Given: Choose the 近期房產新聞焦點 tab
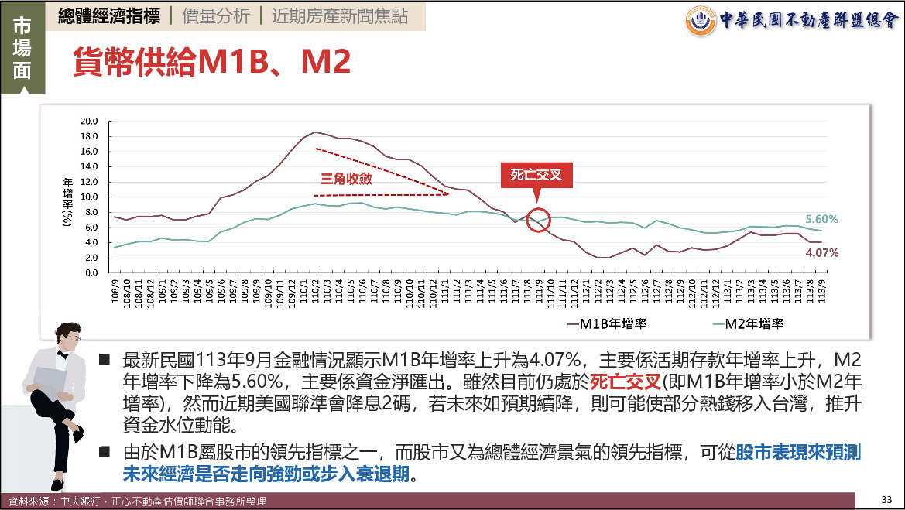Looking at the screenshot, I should pyautogui.click(x=340, y=16).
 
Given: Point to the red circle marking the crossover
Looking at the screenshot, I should pyautogui.click(x=538, y=220).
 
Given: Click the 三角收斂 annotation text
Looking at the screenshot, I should pyautogui.click(x=347, y=178).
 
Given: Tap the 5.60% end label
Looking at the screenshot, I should pyautogui.click(x=822, y=219).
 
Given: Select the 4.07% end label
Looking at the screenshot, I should pyautogui.click(x=822, y=252).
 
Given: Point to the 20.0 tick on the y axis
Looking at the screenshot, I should pyautogui.click(x=89, y=121).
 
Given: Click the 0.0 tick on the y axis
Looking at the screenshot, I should pyautogui.click(x=91, y=273).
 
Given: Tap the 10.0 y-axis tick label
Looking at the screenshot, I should pyautogui.click(x=89, y=197).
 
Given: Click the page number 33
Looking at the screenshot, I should pyautogui.click(x=887, y=498).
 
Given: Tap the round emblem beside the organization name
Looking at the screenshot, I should pyautogui.click(x=701, y=21).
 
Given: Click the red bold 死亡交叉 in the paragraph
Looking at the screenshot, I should pyautogui.click(x=624, y=382).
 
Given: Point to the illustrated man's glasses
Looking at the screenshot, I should pyautogui.click(x=76, y=339).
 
